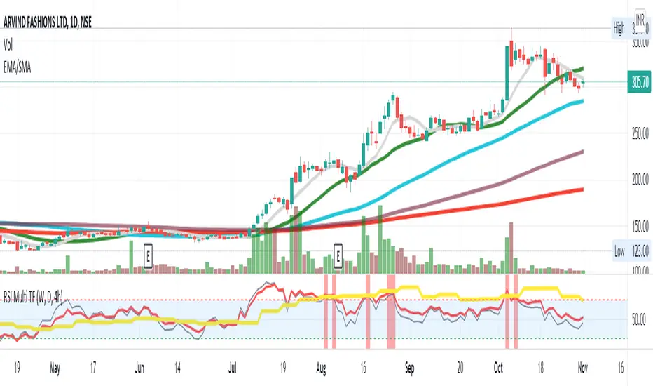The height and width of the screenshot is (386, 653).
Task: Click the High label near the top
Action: (619, 29)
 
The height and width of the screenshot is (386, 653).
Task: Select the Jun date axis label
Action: (140, 367)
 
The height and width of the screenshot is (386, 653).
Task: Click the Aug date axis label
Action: (322, 367)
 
